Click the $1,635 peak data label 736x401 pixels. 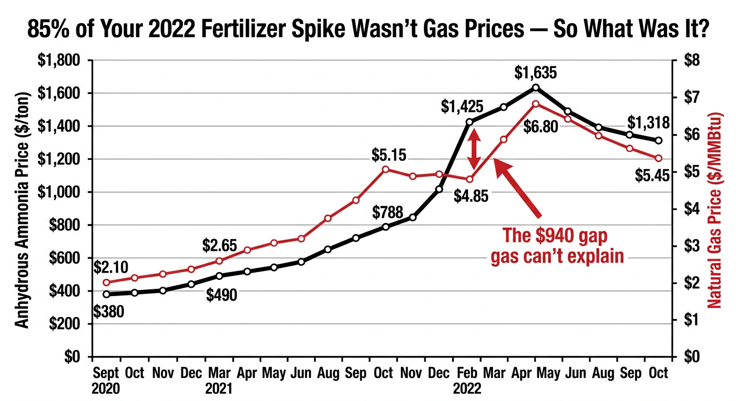(535, 73)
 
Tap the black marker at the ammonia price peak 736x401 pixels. (536, 87)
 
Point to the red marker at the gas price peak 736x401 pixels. (535, 104)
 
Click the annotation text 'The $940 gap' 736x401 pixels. (555, 235)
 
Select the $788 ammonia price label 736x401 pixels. (388, 213)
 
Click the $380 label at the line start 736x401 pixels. (109, 312)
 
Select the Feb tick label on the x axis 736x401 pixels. (463, 373)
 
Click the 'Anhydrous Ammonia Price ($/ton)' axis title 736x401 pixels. (22, 208)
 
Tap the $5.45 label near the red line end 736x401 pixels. (652, 176)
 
